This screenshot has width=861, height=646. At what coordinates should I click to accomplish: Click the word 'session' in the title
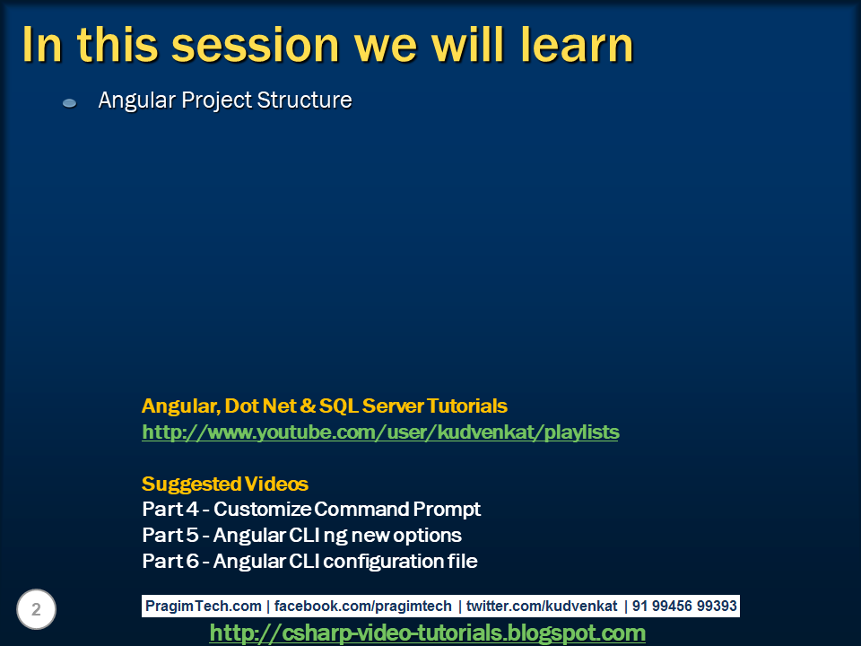click(x=256, y=45)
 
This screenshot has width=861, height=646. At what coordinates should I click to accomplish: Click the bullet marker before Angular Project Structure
click(x=70, y=102)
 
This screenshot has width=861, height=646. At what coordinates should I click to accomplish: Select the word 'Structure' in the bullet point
click(x=304, y=100)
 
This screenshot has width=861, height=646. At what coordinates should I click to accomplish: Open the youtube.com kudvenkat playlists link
click(x=380, y=432)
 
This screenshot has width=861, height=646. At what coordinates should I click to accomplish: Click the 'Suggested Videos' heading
click(x=224, y=484)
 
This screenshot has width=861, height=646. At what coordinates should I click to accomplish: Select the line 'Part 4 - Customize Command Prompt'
click(x=311, y=510)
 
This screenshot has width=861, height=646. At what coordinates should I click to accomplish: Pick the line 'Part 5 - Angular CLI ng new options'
click(x=301, y=535)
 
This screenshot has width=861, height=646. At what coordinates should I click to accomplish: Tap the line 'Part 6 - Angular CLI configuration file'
click(x=309, y=561)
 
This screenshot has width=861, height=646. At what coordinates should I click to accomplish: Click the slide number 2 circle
click(x=36, y=609)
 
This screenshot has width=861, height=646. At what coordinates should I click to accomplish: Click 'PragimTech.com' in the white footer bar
click(x=204, y=606)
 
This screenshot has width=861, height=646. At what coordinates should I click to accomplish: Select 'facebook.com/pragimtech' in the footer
click(x=362, y=606)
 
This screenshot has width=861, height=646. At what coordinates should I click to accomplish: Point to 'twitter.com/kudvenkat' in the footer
click(x=542, y=606)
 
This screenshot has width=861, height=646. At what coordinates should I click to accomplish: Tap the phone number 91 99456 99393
click(x=684, y=606)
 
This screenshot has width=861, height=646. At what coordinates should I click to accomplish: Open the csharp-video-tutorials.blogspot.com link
click(x=427, y=633)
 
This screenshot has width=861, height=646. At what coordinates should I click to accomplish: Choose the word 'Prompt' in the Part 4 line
click(x=447, y=510)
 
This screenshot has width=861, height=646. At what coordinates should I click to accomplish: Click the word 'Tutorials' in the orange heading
click(x=466, y=406)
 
